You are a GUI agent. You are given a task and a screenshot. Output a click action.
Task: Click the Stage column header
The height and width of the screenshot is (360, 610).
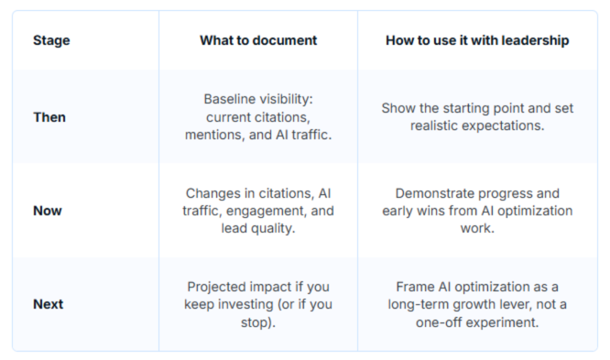[51, 41]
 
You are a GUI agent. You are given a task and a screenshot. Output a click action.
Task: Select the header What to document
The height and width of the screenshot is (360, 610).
[259, 41]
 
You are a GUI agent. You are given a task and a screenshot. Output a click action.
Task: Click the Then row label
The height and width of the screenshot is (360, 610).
[49, 117]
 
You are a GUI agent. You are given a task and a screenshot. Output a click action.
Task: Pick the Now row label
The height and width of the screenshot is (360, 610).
[48, 210]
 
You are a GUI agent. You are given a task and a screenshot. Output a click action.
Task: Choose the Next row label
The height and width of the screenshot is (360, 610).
[48, 304]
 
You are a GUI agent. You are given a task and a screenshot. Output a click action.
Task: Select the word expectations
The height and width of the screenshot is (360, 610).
[507, 126]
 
